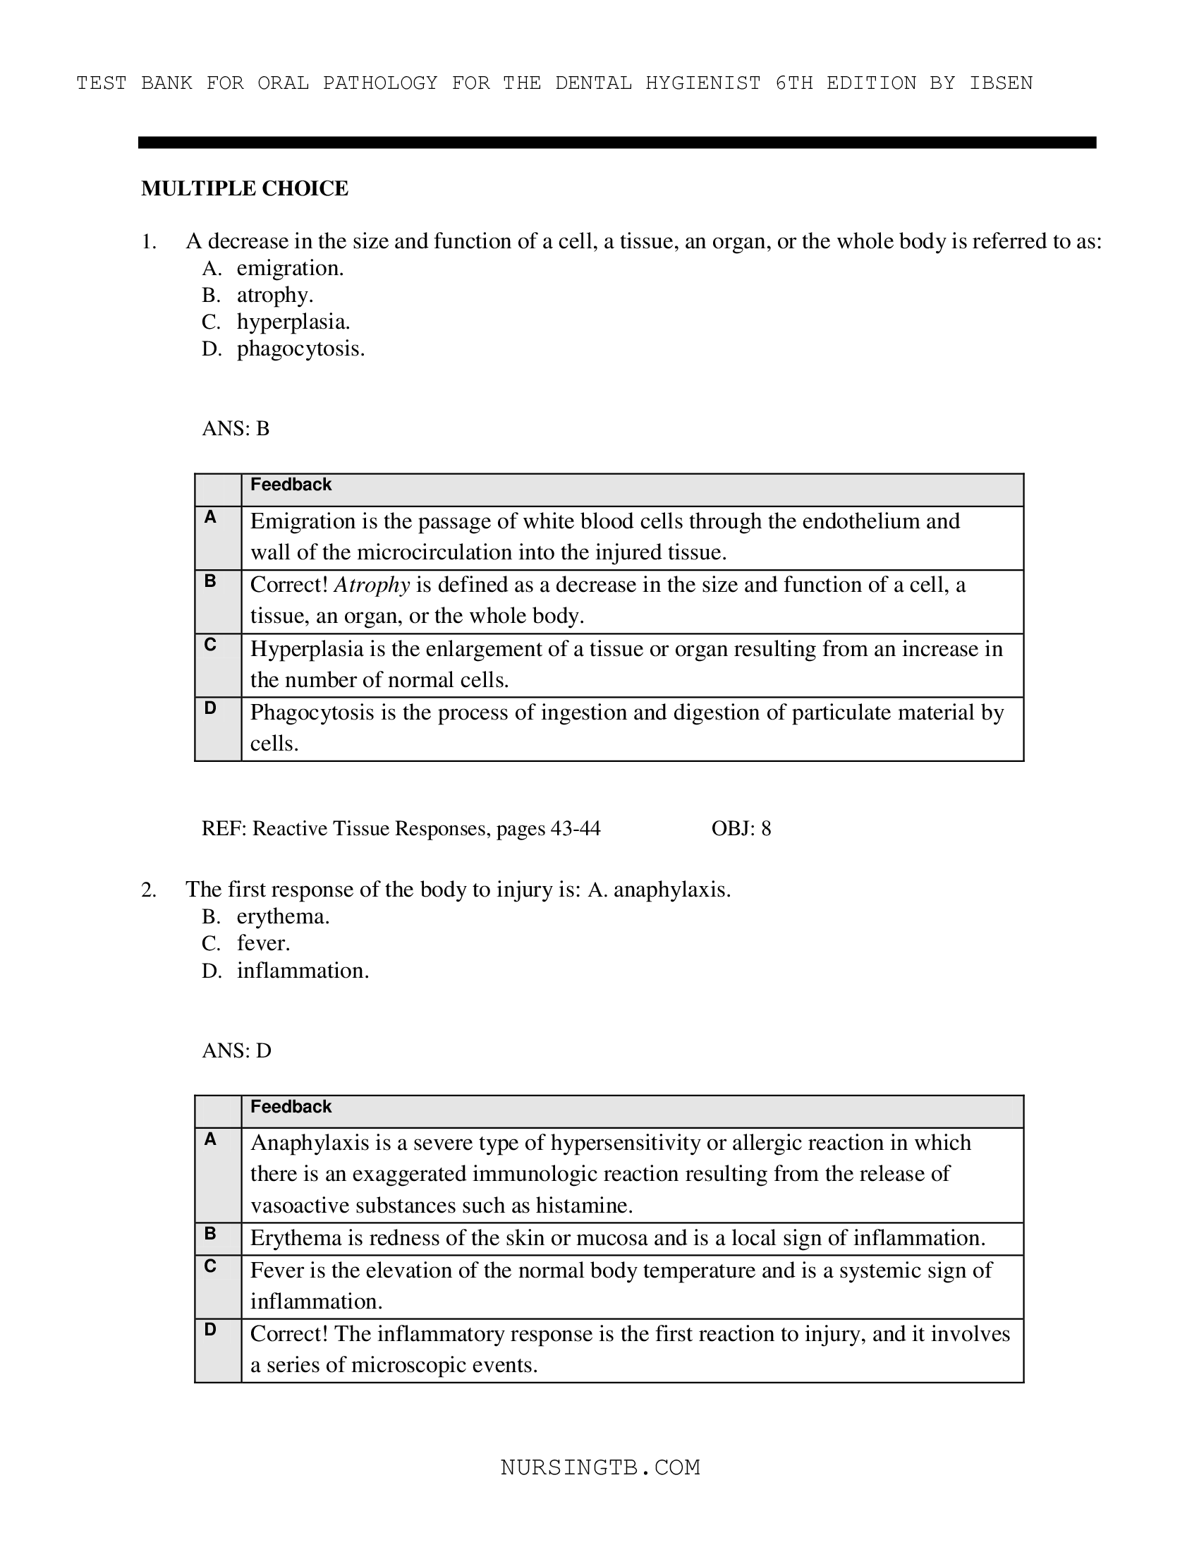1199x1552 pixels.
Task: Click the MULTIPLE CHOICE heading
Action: [244, 188]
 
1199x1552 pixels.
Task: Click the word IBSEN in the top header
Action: [1000, 83]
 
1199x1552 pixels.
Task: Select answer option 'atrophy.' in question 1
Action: [274, 295]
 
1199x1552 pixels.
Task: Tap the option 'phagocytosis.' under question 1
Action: [300, 349]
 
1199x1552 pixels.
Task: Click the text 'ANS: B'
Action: [235, 428]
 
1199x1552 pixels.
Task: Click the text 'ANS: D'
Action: [236, 1051]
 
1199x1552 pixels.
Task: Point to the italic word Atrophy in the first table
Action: [372, 585]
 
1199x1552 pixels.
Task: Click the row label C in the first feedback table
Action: [210, 645]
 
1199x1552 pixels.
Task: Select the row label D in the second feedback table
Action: [210, 1330]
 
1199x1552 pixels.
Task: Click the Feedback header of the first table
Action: [291, 485]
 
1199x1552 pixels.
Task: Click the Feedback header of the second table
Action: [291, 1107]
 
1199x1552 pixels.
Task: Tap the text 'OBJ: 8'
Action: [741, 829]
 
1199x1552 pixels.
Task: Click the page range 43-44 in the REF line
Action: [575, 829]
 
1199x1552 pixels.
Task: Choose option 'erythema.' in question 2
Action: [283, 916]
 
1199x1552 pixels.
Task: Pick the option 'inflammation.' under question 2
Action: [303, 971]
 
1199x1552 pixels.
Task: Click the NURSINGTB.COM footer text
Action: [600, 1468]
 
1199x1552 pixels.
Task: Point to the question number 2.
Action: [148, 890]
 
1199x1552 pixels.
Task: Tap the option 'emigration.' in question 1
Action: [290, 269]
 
